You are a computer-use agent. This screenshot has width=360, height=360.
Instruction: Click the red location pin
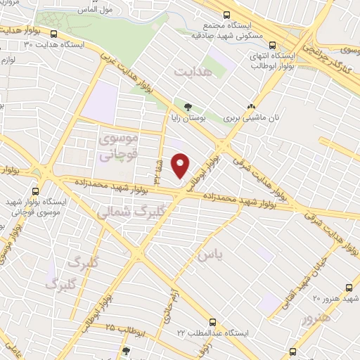pyautogui.click(x=181, y=165)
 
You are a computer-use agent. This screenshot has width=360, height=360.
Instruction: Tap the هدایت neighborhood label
pyautogui.click(x=192, y=72)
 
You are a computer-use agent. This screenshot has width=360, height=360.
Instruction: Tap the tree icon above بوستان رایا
pyautogui.click(x=186, y=106)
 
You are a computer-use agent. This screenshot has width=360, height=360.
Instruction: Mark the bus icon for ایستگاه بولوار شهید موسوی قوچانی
pyautogui.click(x=35, y=190)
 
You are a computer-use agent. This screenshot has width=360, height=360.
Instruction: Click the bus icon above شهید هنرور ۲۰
pyautogui.click(x=349, y=288)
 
